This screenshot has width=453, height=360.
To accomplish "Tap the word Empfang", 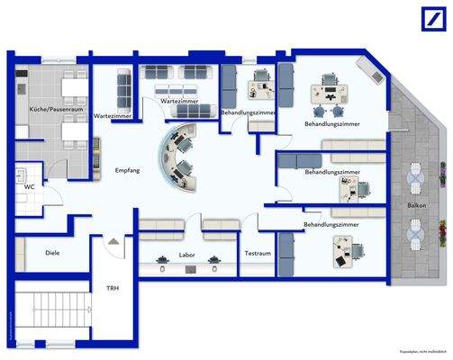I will [126, 170].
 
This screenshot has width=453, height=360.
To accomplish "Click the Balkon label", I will [416, 205].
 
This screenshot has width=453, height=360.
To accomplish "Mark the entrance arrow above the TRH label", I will [112, 240].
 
